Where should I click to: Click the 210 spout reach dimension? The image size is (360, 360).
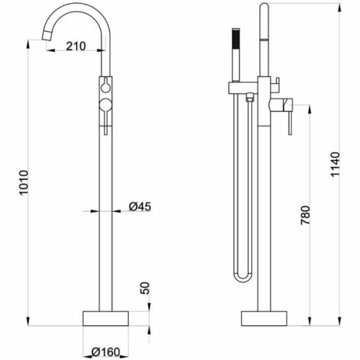click(x=76, y=46)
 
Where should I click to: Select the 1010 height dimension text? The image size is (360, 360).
click(x=24, y=183)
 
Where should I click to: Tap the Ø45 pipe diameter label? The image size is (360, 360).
click(x=140, y=206)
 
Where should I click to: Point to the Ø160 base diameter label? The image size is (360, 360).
click(x=105, y=352)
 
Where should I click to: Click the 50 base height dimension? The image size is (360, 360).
click(x=145, y=288)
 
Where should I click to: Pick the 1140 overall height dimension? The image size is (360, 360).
click(x=334, y=164)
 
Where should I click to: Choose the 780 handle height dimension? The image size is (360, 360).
click(x=306, y=215)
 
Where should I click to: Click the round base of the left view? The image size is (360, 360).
click(x=105, y=319)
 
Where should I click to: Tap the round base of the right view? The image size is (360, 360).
click(x=264, y=319)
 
